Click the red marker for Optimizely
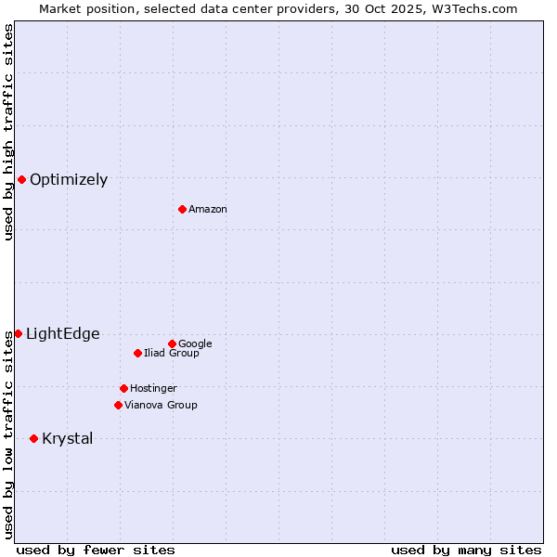pyautogui.click(x=21, y=179)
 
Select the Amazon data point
pyautogui.click(x=182, y=209)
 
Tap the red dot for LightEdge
pyautogui.click(x=18, y=333)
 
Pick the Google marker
pyautogui.click(x=172, y=343)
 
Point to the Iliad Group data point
pyautogui.click(x=137, y=353)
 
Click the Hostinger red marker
pyautogui.click(x=123, y=388)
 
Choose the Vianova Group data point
pyautogui.click(x=118, y=405)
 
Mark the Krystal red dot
pyautogui.click(x=33, y=438)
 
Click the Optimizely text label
pyautogui.click(x=69, y=180)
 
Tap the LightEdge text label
pyautogui.click(x=62, y=334)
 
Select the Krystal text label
pyautogui.click(x=68, y=439)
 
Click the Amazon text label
pyautogui.click(x=208, y=210)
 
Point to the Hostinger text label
pyautogui.click(x=153, y=389)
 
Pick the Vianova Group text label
pyautogui.click(x=161, y=406)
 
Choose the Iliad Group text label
pyautogui.click(x=172, y=354)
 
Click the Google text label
pyautogui.click(x=195, y=344)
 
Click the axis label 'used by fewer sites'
pyautogui.click(x=96, y=550)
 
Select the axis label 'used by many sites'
pyautogui.click(x=466, y=550)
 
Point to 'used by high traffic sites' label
pyautogui.click(x=8, y=132)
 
